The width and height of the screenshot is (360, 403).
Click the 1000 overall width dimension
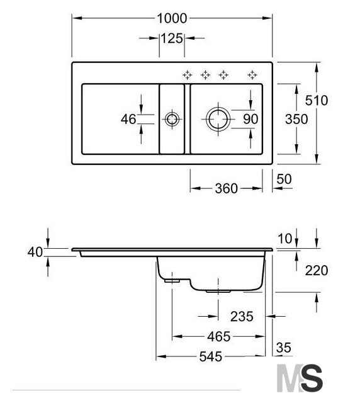pos(172,18)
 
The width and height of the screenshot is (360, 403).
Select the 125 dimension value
pos(172,38)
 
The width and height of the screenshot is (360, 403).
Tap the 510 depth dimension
pos(317,100)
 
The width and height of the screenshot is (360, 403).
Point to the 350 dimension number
pos(296,119)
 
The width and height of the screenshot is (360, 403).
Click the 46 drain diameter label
pos(128,119)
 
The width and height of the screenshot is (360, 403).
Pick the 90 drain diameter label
pos(250,119)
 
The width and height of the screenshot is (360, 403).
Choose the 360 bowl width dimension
pos(226,188)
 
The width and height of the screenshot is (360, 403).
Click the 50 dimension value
pos(284,179)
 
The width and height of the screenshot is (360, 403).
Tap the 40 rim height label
pos(35,252)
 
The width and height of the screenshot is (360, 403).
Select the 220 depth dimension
pos(317,270)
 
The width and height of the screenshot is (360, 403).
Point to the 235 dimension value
pos(242,316)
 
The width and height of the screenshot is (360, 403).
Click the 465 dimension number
pos(219,336)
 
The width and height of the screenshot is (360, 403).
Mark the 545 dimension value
pos(210,356)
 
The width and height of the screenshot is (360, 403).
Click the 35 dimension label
pos(284,348)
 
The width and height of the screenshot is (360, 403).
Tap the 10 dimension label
pos(285,239)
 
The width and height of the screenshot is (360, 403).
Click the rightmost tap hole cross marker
pos(252,75)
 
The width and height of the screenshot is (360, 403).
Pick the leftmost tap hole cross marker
pos(188,75)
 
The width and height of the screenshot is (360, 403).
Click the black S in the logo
pos(312,378)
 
